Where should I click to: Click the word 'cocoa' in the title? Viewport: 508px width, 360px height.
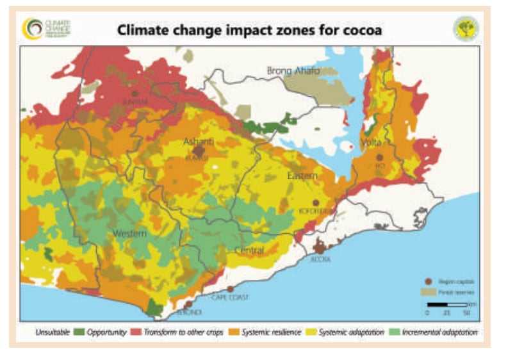(x=360, y=30)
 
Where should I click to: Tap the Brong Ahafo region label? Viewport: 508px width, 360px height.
(x=293, y=70)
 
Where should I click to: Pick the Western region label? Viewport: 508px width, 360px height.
(x=129, y=234)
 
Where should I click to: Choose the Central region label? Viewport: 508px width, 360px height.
(x=249, y=250)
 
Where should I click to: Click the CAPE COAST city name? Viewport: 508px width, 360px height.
(x=229, y=298)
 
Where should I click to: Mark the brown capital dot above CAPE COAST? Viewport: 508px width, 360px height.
(x=230, y=289)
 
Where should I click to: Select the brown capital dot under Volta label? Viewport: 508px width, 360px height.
(x=379, y=157)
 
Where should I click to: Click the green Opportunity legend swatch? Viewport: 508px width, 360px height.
(x=79, y=333)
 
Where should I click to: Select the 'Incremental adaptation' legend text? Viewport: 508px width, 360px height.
(x=440, y=333)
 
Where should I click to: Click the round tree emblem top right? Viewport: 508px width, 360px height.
(x=466, y=28)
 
